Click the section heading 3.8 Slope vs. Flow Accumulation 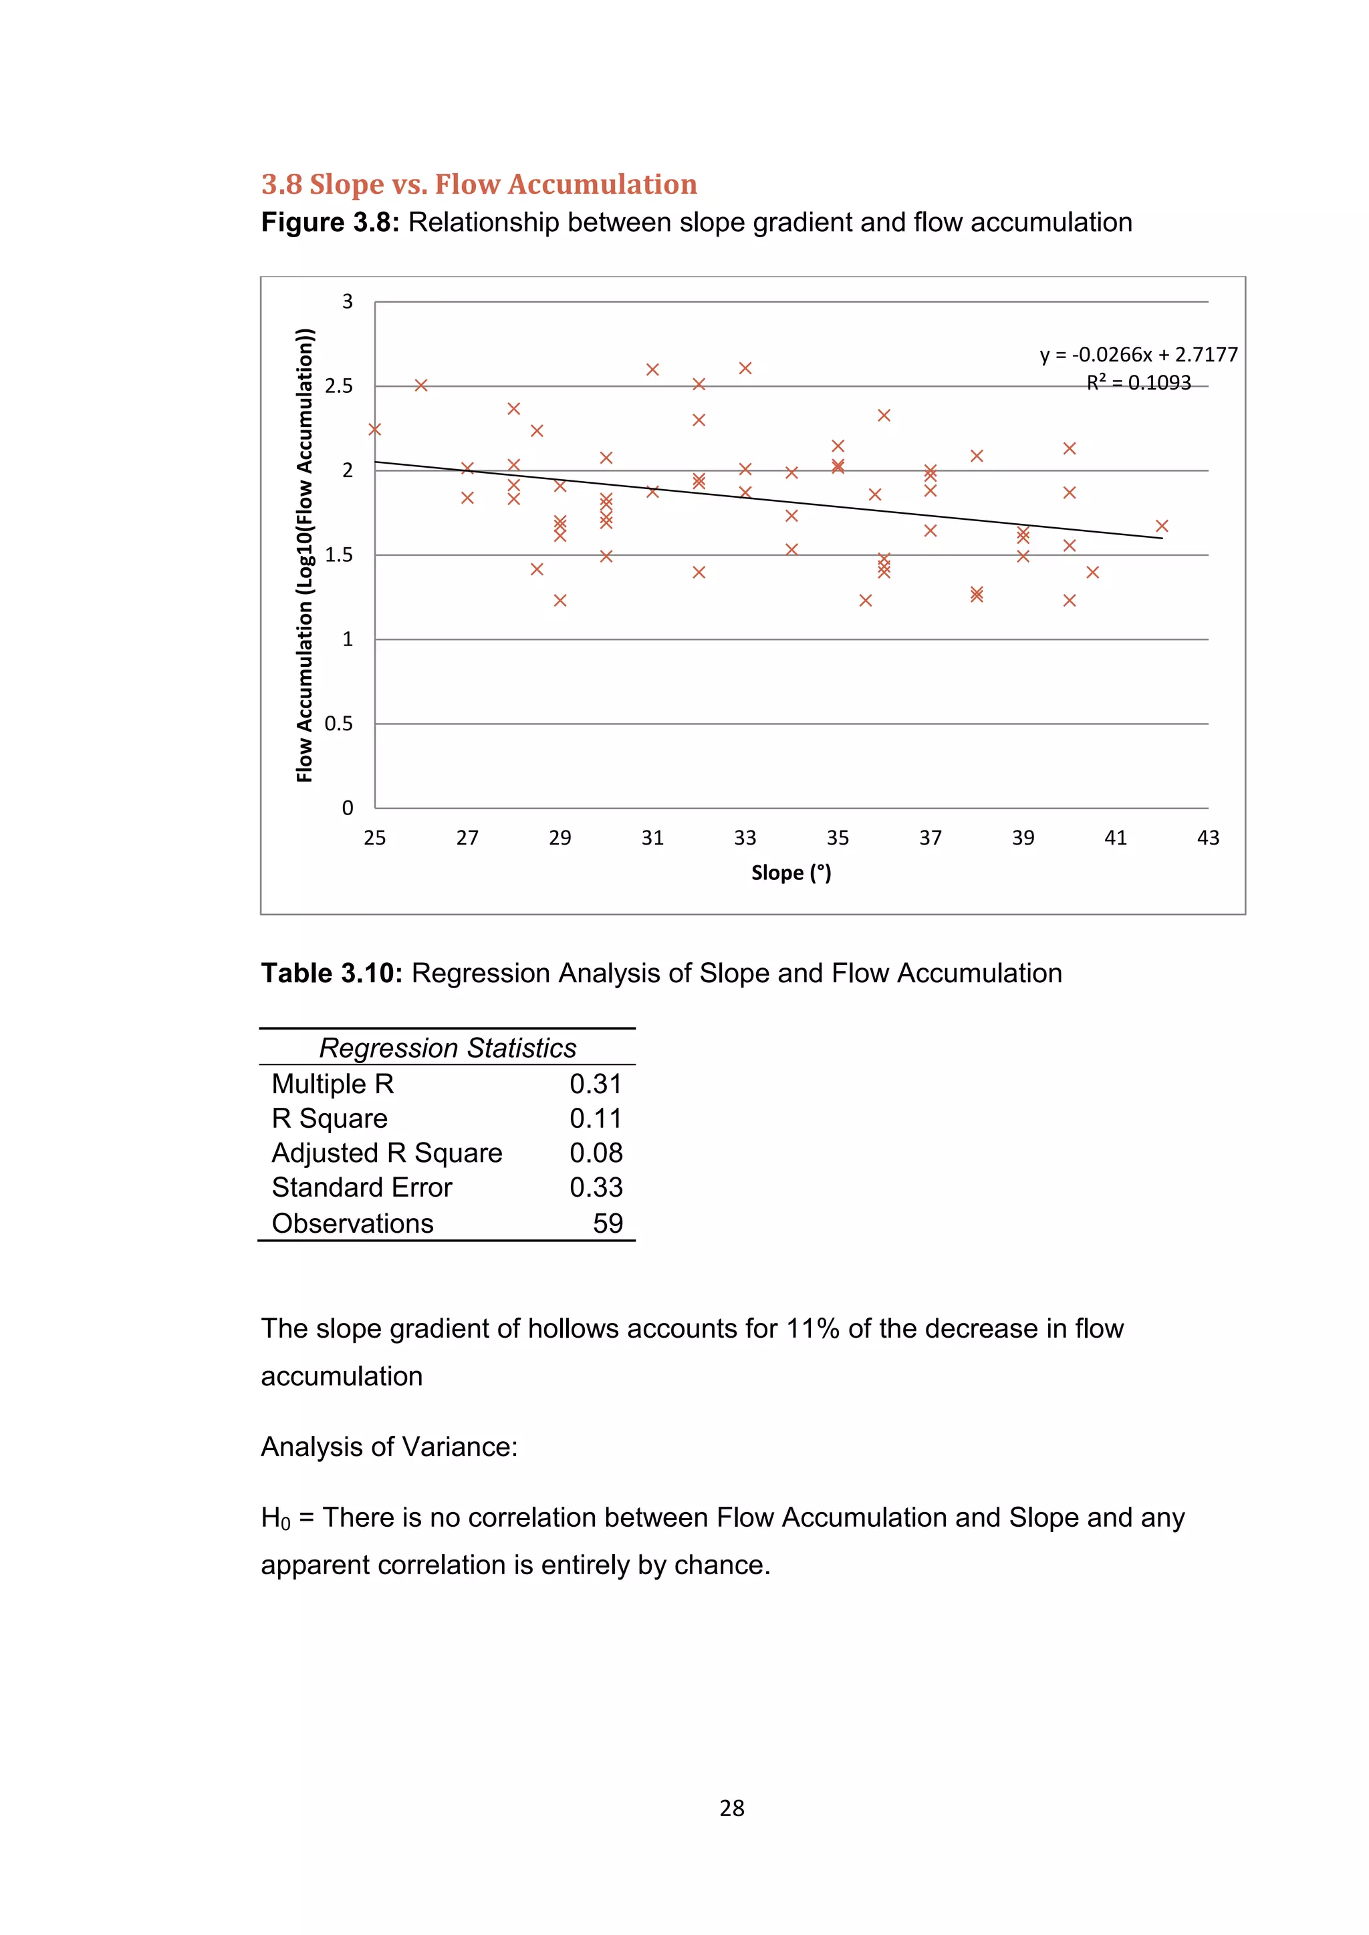[x=479, y=184]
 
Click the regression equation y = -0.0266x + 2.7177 [x=1138, y=355]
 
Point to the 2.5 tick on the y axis [x=339, y=386]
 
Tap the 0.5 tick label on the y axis [x=339, y=724]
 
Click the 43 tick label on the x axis [x=1208, y=838]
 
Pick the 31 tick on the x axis [x=652, y=838]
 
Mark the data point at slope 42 [x=1162, y=526]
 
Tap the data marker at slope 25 [x=375, y=429]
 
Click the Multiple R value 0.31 [x=595, y=1084]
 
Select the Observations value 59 [x=607, y=1223]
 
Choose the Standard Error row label [x=362, y=1187]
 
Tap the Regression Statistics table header [x=448, y=1048]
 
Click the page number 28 [x=732, y=1808]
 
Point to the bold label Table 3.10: [x=332, y=974]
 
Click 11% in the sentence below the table [x=813, y=1328]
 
